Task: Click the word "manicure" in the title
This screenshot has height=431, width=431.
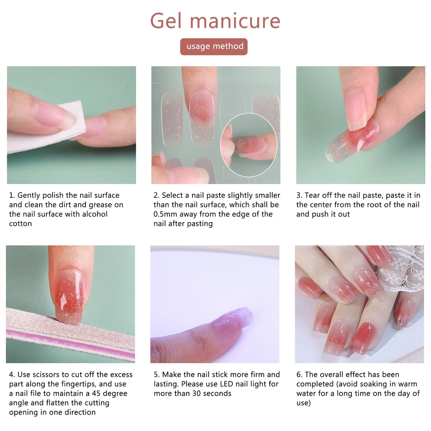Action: click(x=235, y=21)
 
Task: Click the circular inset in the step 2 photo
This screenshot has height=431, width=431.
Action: click(x=249, y=145)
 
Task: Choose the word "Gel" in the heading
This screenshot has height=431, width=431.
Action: click(x=166, y=21)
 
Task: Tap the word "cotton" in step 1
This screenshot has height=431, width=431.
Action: click(x=20, y=224)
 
